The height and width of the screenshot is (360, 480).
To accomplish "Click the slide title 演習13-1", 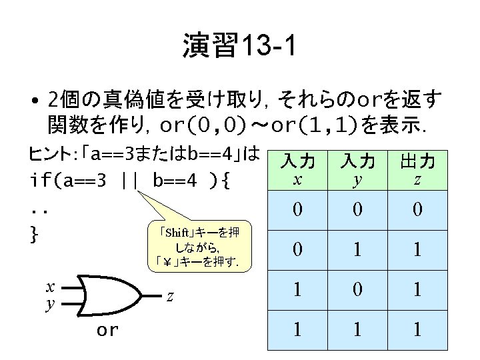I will tap(239, 47).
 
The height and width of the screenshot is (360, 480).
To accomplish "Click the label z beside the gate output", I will tap(170, 296).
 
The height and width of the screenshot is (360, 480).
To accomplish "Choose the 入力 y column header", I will tap(358, 171).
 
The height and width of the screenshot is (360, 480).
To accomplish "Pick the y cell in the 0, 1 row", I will tap(358, 249).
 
